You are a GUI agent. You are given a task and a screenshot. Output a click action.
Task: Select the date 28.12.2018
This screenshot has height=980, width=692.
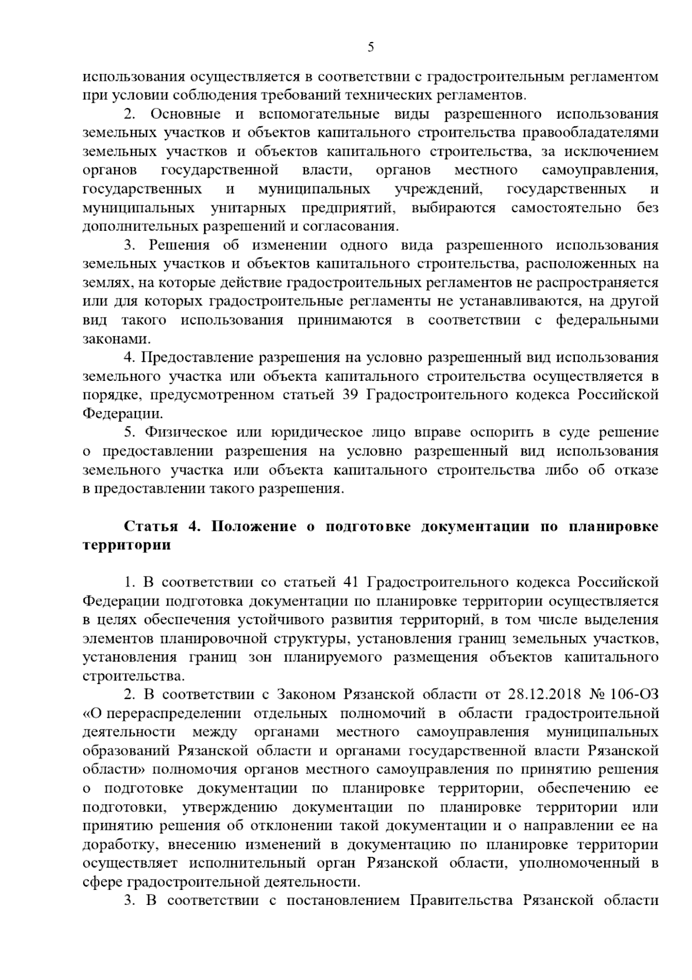[x=543, y=694]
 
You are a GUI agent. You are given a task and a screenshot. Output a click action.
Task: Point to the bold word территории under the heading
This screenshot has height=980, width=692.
[x=127, y=545]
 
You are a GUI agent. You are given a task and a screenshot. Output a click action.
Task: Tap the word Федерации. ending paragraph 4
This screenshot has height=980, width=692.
[x=123, y=414]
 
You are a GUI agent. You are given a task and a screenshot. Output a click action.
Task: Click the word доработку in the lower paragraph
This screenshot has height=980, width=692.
[x=118, y=845]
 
